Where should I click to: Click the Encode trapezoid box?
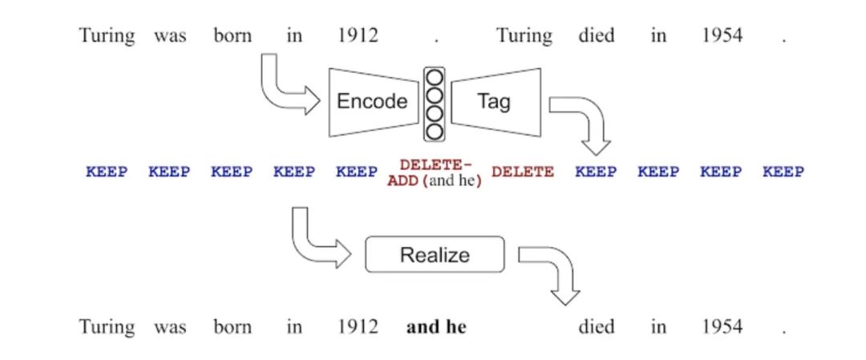[x=371, y=102]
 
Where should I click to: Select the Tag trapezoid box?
[x=495, y=102]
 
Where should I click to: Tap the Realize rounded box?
[x=435, y=255]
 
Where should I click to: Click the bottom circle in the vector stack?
[x=434, y=130]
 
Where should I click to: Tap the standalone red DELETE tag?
[x=522, y=172]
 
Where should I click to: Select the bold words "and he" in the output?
[x=436, y=327]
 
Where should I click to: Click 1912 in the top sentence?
[x=357, y=36]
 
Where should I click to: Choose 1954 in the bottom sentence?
[x=722, y=327]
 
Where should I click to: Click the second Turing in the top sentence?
[x=524, y=36]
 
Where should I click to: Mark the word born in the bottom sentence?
[x=233, y=327]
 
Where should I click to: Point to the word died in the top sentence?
[x=597, y=36]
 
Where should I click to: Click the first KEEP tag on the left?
[x=107, y=172]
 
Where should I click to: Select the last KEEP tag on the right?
[x=783, y=172]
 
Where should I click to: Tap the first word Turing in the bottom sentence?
[x=107, y=327]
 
